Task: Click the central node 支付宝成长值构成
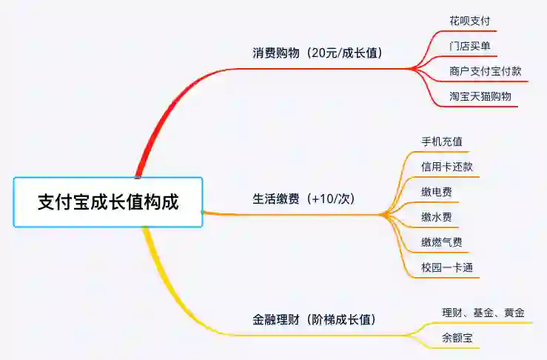click(x=108, y=202)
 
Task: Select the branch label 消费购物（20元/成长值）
click(x=318, y=53)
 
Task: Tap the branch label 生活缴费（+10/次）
click(x=304, y=199)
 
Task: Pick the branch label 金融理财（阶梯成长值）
click(x=315, y=320)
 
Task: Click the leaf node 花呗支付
click(x=469, y=21)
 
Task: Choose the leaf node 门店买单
click(x=469, y=46)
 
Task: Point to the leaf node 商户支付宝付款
click(x=485, y=71)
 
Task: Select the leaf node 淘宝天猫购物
click(x=480, y=96)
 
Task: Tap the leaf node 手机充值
click(x=442, y=141)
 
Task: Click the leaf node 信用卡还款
click(x=447, y=167)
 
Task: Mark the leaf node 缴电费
click(x=437, y=192)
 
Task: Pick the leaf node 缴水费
click(x=437, y=217)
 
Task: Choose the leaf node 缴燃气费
click(x=442, y=242)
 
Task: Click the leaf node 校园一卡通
click(x=447, y=267)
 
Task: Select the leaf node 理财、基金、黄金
click(x=483, y=313)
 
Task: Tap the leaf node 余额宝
click(x=457, y=339)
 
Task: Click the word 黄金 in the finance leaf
click(x=514, y=313)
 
